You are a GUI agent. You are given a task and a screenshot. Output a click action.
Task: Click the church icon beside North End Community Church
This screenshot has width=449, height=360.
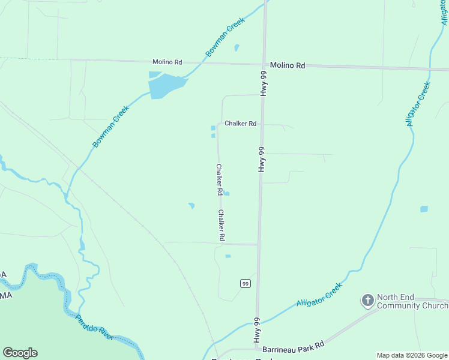[x=367, y=299]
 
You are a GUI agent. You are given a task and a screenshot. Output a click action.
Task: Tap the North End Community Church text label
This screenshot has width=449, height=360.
[x=412, y=301]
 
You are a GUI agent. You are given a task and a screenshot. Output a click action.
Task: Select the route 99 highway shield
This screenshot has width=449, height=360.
[x=245, y=283]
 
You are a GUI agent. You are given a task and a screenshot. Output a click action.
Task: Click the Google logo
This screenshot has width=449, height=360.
[x=20, y=353]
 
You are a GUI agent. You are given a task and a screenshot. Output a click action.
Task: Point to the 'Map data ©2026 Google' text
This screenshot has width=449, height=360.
[x=412, y=355]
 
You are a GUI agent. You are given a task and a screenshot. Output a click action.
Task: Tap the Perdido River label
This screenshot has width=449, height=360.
[x=94, y=327]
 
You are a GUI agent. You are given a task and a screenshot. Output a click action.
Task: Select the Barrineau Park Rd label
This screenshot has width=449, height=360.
[x=294, y=344]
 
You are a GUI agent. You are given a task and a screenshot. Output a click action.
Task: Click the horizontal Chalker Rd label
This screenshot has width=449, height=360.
[x=240, y=124]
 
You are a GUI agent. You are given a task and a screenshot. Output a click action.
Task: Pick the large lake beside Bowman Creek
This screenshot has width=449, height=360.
[x=164, y=85]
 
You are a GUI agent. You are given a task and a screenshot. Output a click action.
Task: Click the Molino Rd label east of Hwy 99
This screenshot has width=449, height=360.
[x=288, y=65]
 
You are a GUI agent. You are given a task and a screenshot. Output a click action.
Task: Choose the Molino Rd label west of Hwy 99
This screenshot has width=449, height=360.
[x=167, y=62]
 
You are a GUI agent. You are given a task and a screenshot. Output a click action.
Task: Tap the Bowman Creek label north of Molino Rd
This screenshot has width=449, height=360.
[x=225, y=37]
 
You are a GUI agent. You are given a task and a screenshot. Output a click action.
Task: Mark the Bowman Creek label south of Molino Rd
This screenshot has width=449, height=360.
[x=111, y=126]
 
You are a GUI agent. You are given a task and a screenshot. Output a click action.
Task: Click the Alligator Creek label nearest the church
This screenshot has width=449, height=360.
[x=319, y=295]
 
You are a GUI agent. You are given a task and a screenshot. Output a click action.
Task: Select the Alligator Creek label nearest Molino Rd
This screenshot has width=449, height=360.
[x=418, y=103]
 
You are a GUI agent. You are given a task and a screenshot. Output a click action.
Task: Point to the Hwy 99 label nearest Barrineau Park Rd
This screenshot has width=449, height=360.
[x=256, y=330]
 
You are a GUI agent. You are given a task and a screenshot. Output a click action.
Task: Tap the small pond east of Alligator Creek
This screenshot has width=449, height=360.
[x=424, y=209]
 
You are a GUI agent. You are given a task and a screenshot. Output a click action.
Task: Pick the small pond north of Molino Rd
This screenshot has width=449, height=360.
[x=237, y=47]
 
